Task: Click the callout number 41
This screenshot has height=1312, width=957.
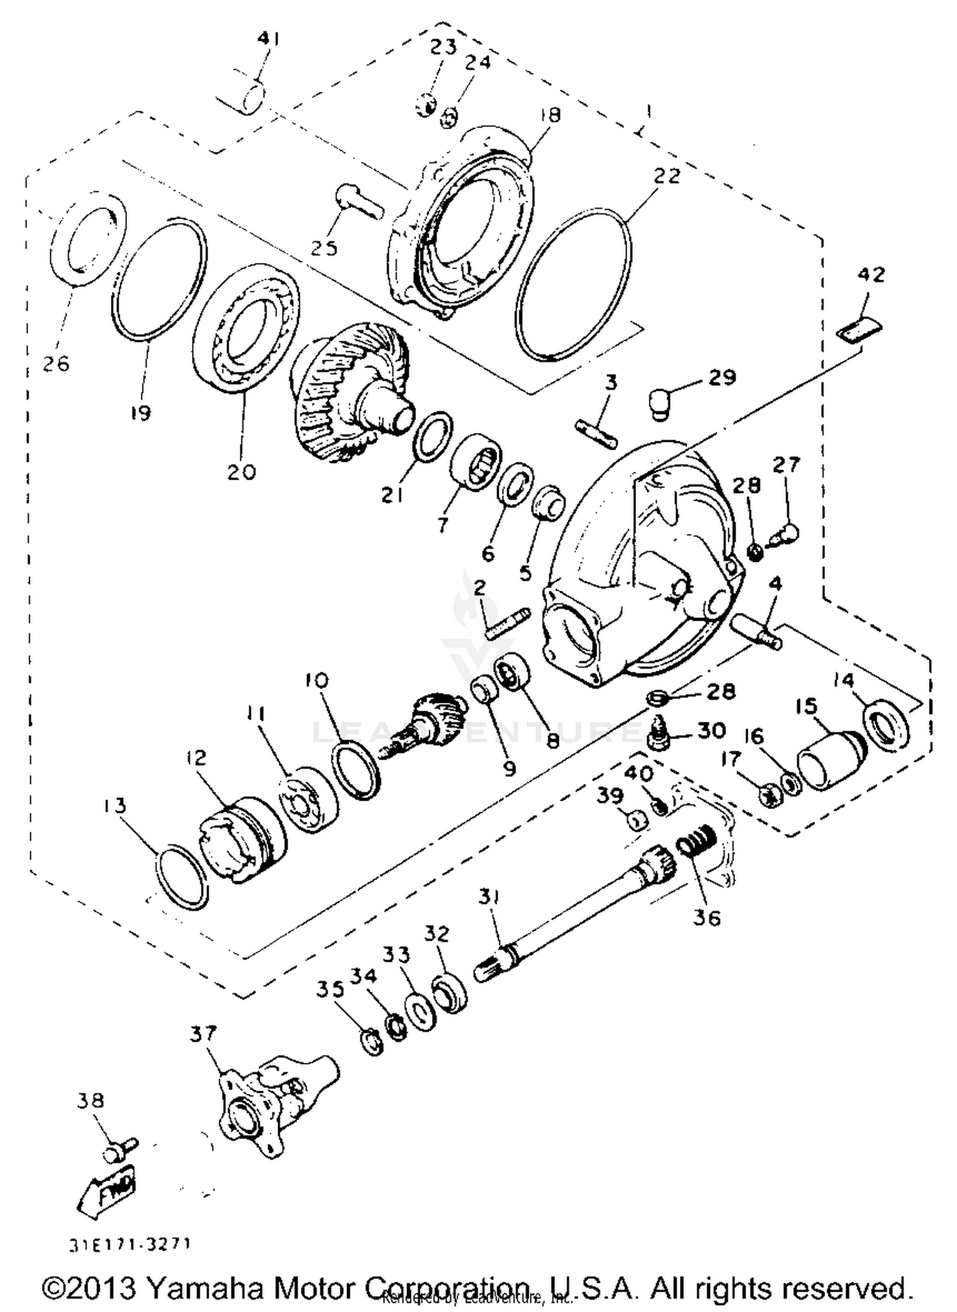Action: (269, 40)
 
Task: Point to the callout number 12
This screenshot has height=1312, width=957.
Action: (197, 758)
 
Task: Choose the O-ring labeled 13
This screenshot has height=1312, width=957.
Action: (182, 877)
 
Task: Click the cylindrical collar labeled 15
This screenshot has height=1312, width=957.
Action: (829, 761)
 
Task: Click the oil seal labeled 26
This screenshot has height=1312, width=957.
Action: (87, 237)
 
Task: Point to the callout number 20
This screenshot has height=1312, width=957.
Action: (241, 471)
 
